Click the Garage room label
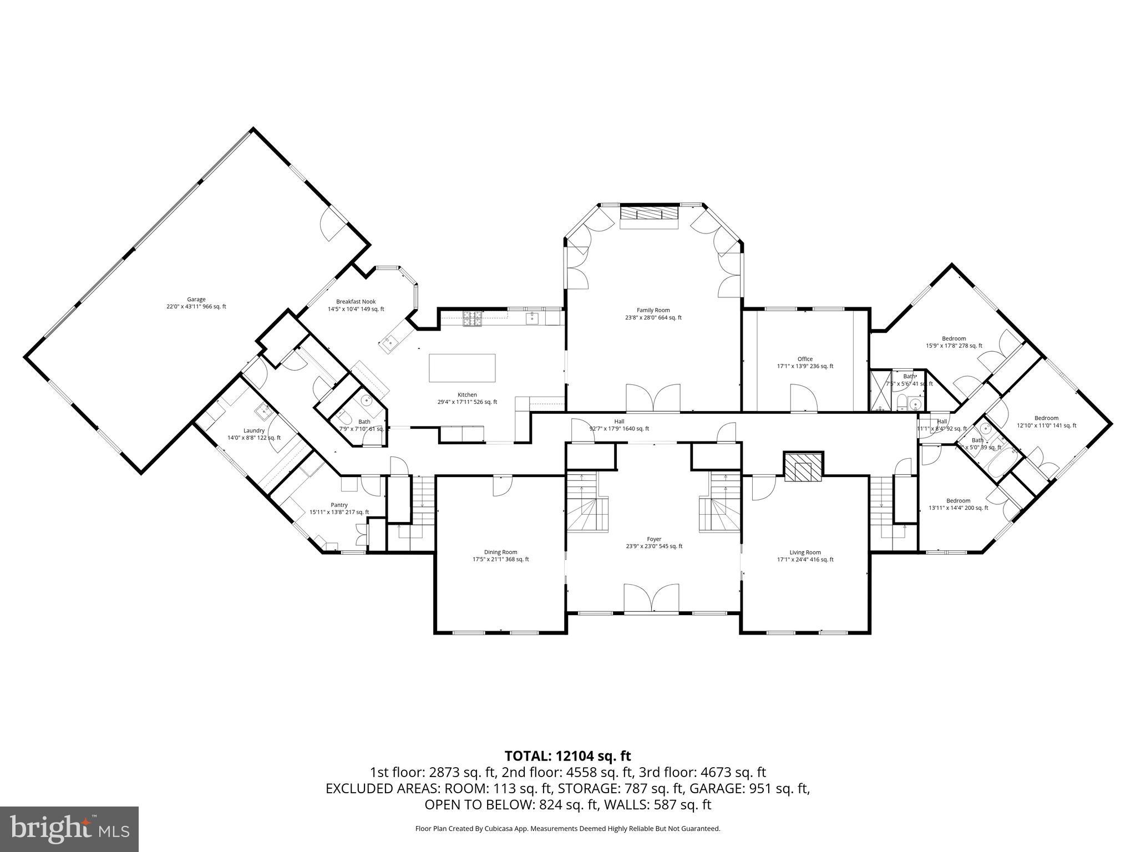(196, 303)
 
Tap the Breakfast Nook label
(356, 305)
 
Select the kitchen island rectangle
(462, 368)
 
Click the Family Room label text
(653, 314)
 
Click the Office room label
(805, 362)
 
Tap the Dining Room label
(500, 555)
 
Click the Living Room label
(805, 556)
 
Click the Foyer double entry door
(652, 599)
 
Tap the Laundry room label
(254, 434)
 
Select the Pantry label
(339, 508)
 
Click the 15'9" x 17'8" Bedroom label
(954, 342)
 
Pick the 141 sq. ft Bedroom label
(1046, 422)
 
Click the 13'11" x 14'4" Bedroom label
(958, 504)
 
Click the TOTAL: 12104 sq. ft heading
(567, 755)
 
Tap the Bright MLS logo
(69, 829)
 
